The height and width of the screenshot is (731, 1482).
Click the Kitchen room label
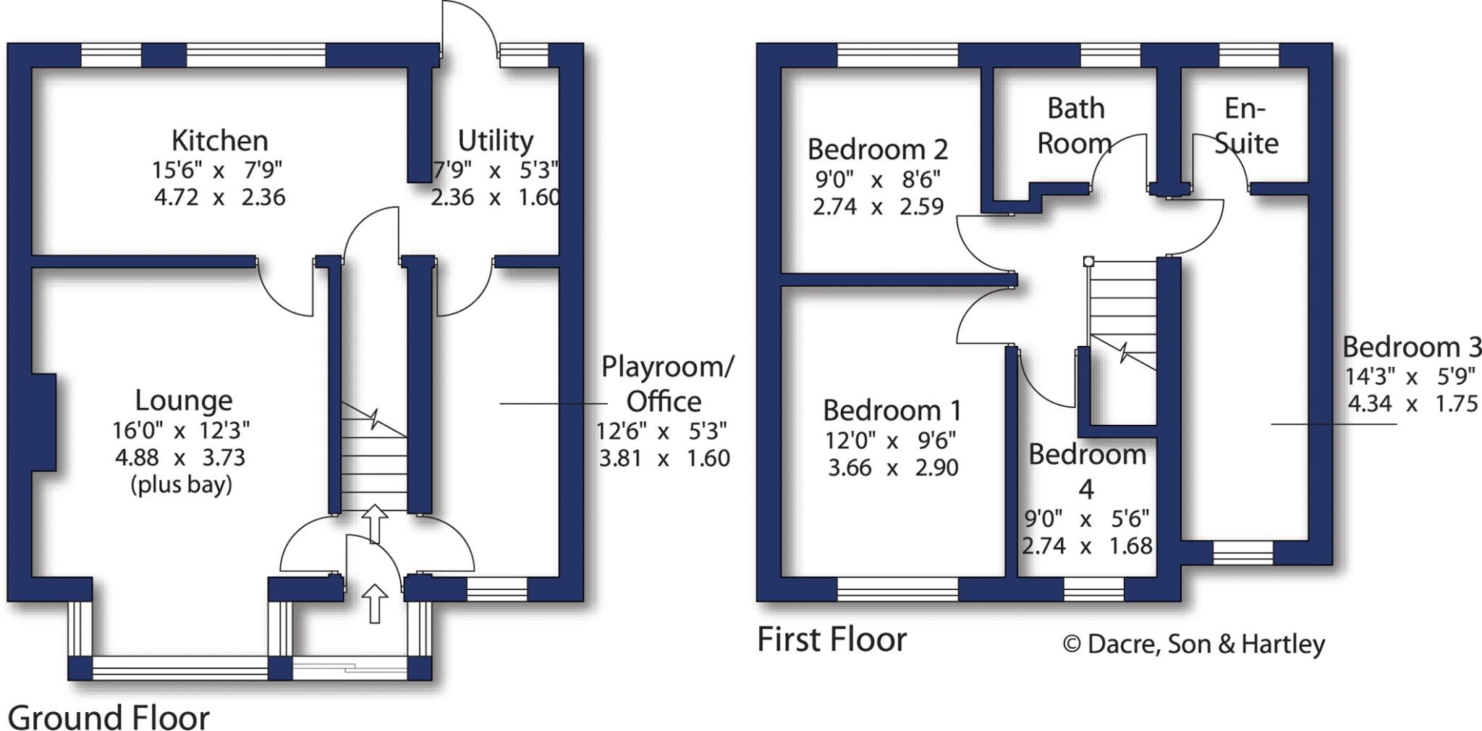tap(219, 140)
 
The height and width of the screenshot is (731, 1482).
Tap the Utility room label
tap(496, 140)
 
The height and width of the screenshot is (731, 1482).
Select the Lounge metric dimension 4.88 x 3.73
tap(180, 457)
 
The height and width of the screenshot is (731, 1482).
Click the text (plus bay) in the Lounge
tap(181, 484)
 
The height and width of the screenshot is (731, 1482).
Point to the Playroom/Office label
tap(666, 384)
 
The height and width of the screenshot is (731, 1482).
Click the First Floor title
tap(831, 640)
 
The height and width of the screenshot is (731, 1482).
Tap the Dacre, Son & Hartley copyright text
tap(1194, 643)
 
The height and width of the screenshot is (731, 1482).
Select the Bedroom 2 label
tap(877, 150)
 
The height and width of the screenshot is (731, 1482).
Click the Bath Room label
tap(1075, 126)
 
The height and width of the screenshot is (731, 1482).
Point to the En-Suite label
tap(1246, 126)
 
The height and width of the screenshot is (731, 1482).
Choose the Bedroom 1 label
tap(892, 410)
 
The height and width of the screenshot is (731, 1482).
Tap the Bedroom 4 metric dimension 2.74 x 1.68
tap(1086, 546)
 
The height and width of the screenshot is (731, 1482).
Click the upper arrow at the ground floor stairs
tap(375, 523)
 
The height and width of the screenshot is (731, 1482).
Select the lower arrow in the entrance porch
tap(375, 603)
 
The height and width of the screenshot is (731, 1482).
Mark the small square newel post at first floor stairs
tap(1088, 261)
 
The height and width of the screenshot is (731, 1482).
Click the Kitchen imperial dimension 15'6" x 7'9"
tap(217, 170)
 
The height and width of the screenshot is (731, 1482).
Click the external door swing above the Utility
tap(469, 29)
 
